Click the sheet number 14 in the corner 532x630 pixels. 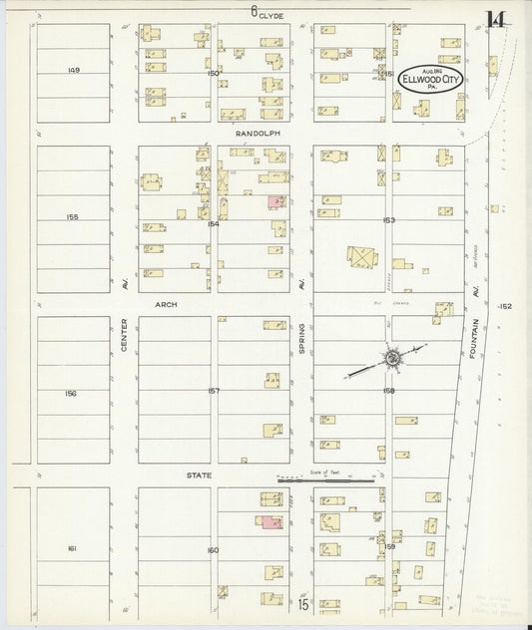pos(495,18)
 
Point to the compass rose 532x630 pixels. pos(392,357)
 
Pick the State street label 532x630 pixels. pos(200,475)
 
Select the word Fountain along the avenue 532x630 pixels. pos(477,340)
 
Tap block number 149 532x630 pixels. pos(73,69)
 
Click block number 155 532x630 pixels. pos(72,215)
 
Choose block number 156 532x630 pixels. pos(70,393)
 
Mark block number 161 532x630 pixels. pos(72,548)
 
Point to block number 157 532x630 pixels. pos(214,391)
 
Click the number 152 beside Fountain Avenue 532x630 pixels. pos(505,307)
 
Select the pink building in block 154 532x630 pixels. pos(274,201)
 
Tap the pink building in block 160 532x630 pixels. pos(269,520)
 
